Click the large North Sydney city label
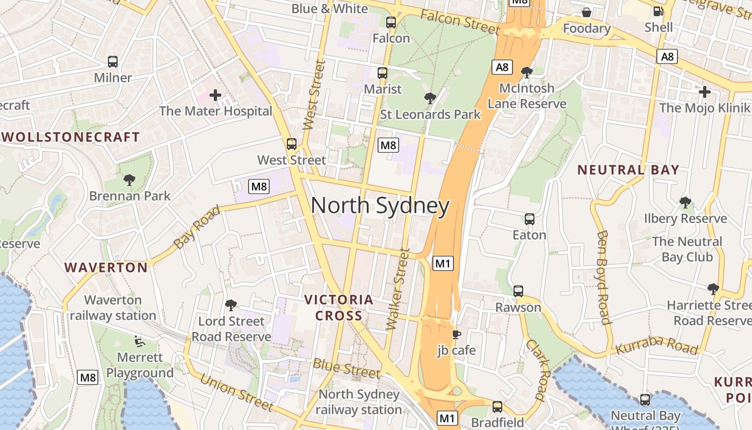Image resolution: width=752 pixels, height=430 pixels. (380, 206)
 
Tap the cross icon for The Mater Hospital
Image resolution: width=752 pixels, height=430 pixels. (215, 96)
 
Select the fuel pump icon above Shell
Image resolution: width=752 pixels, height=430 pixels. (658, 11)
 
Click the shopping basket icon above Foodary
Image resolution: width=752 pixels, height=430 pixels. (587, 12)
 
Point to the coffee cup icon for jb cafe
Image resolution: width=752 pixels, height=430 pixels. (456, 335)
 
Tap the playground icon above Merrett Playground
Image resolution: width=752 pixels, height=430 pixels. (139, 341)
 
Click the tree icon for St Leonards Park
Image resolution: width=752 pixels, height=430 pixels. (430, 98)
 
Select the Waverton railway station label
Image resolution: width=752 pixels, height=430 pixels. (113, 307)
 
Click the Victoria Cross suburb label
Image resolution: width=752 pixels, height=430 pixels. (338, 307)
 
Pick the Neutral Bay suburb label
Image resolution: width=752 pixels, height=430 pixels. (628, 170)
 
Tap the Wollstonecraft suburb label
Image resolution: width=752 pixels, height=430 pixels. (71, 137)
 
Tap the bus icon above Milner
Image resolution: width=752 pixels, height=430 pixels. (113, 62)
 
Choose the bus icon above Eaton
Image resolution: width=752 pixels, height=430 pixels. (530, 219)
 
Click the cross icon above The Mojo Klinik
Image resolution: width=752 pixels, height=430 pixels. (704, 92)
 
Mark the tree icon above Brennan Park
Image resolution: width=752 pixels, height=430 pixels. (129, 180)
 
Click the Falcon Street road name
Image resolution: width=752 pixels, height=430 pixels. (460, 22)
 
